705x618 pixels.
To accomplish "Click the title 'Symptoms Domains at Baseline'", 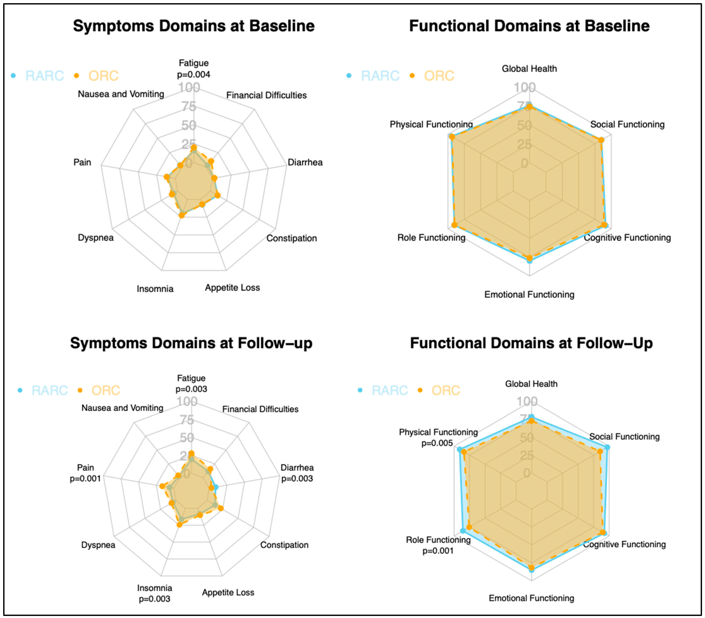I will [x=194, y=26].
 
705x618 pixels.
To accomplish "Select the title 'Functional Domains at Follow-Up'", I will [x=531, y=343].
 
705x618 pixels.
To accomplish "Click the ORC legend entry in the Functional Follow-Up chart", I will [x=446, y=390].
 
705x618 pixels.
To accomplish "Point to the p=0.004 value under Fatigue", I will [x=194, y=75].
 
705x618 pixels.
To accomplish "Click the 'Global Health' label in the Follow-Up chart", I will [x=531, y=384].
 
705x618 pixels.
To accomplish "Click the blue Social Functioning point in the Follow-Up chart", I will [x=607, y=447].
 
